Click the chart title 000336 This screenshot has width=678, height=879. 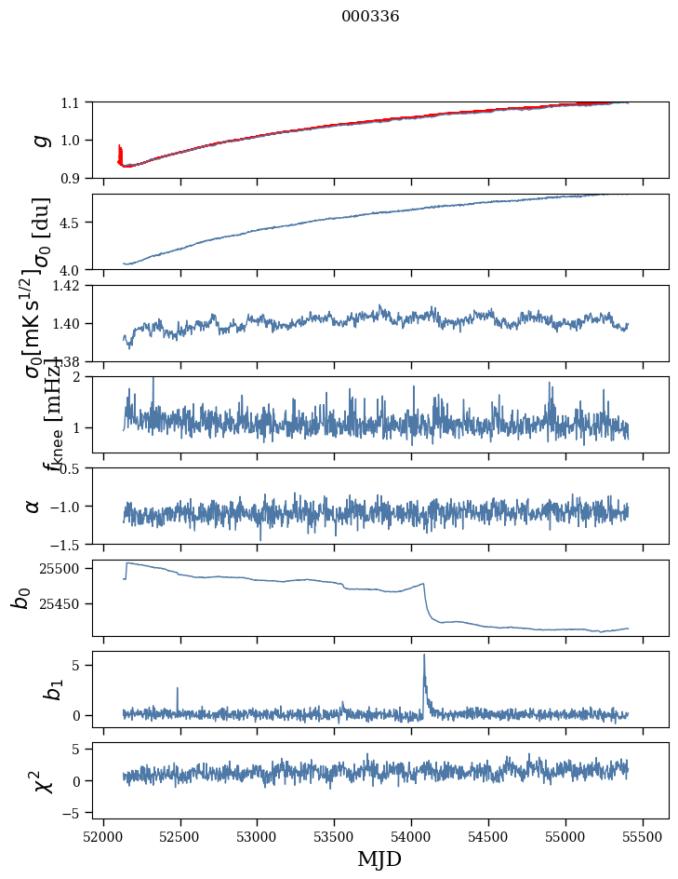(370, 17)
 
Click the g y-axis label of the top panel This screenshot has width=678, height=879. (39, 140)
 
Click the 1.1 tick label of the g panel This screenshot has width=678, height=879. (73, 102)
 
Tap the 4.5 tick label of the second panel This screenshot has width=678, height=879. (73, 223)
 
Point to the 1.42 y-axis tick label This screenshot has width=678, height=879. (68, 286)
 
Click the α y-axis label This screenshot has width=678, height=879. (33, 506)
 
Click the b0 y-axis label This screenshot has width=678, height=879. (20, 598)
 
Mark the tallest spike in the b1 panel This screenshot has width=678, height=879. (424, 656)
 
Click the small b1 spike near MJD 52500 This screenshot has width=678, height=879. (177, 690)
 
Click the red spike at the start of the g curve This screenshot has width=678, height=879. (120, 152)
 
